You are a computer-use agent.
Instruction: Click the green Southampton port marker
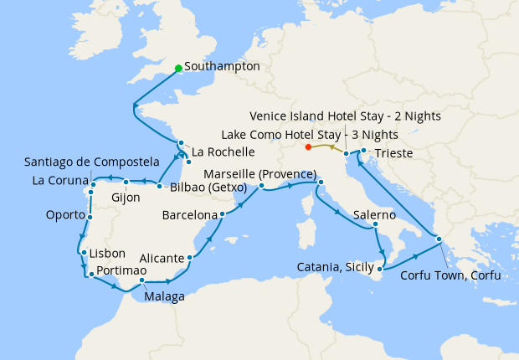(178, 69)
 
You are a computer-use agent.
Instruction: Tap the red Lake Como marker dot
(309, 147)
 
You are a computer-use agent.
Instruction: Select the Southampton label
(223, 67)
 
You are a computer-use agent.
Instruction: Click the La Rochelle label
(223, 152)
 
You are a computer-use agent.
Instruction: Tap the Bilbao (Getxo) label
(208, 188)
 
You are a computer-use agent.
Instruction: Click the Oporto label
(64, 215)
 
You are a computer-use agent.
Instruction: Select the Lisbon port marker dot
(83, 253)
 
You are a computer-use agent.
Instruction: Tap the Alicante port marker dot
(192, 258)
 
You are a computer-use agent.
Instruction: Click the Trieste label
(393, 153)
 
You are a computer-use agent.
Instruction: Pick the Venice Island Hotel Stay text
(347, 116)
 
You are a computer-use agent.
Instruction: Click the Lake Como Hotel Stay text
(310, 134)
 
